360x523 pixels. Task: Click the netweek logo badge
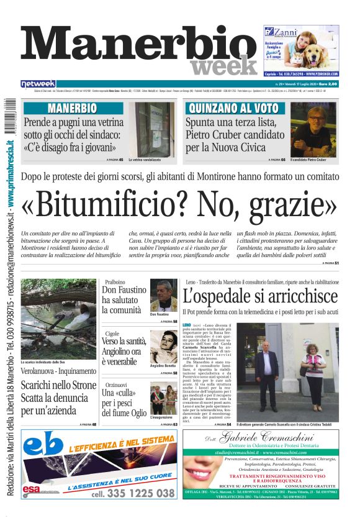tap(38, 84)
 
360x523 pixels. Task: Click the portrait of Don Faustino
tap(163, 295)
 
